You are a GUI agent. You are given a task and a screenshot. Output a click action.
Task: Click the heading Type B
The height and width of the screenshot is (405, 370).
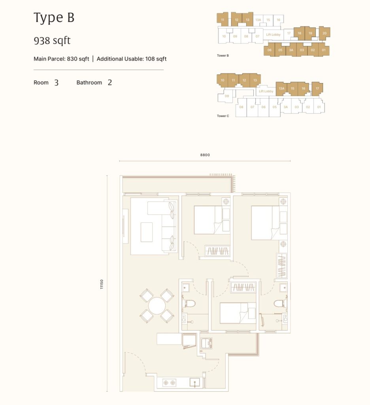[54, 18]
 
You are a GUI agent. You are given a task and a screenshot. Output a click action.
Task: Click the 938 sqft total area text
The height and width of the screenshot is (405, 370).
[52, 40]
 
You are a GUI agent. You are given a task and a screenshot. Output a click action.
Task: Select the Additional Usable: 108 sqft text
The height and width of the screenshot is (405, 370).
[132, 59]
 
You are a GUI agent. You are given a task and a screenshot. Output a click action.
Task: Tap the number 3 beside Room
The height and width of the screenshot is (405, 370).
[57, 83]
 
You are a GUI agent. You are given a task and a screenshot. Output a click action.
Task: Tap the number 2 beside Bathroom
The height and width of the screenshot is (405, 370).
[110, 83]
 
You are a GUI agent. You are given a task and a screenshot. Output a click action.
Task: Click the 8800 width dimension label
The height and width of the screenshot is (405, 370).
[205, 155]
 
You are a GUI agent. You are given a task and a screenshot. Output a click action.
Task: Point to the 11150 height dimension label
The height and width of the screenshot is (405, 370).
[102, 284]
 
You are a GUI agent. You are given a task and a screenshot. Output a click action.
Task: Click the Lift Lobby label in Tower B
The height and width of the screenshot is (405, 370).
[273, 35]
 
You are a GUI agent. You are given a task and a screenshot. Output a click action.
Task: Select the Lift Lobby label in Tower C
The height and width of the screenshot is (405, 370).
[266, 91]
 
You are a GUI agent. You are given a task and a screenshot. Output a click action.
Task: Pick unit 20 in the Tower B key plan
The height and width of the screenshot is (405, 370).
[325, 33]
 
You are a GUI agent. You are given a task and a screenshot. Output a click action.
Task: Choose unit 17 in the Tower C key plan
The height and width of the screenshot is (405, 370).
[317, 89]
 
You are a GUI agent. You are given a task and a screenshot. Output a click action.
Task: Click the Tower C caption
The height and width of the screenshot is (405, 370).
[223, 116]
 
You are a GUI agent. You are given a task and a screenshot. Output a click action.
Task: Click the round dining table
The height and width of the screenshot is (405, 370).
[157, 306]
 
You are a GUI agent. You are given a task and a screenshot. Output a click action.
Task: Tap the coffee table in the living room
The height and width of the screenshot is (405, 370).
[147, 232]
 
